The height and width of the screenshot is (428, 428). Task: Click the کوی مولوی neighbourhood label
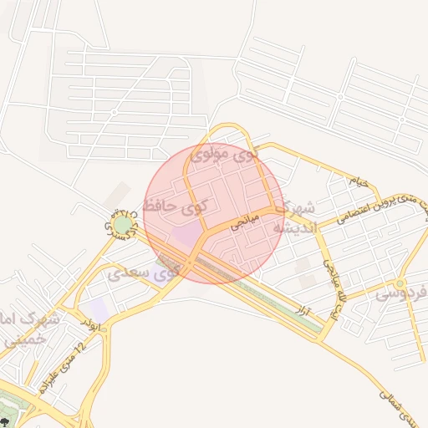[x=224, y=155]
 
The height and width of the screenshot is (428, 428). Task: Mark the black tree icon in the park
[x=8, y=420]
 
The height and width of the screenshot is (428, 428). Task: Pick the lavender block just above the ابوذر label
[x=98, y=308]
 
